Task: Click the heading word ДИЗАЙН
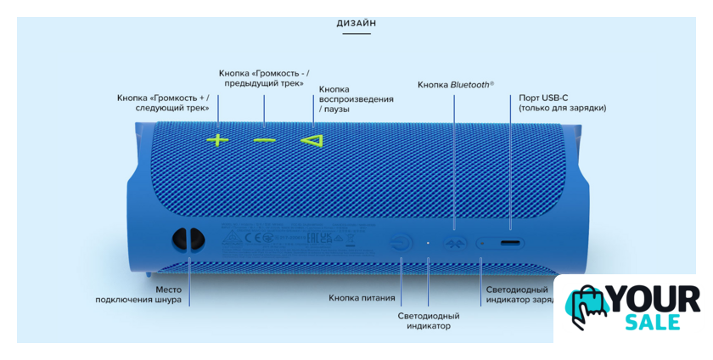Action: coord(356,23)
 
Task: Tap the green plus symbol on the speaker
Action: coord(218,139)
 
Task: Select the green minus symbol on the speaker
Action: coord(264,139)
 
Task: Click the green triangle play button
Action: coord(312,139)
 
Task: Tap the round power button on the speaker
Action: coord(401,243)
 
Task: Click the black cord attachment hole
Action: coord(187,240)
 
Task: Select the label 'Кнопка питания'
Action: coord(362,298)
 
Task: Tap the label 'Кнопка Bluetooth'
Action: coord(455,85)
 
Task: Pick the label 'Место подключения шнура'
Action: coord(138,295)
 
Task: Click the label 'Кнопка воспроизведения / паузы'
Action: coord(356,99)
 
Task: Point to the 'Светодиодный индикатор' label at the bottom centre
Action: coord(429,320)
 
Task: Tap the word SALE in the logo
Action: coord(654,322)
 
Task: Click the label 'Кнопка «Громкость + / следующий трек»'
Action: coord(163,103)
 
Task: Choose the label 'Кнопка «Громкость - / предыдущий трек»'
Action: coord(264,77)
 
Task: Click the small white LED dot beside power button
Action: coord(428,243)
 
